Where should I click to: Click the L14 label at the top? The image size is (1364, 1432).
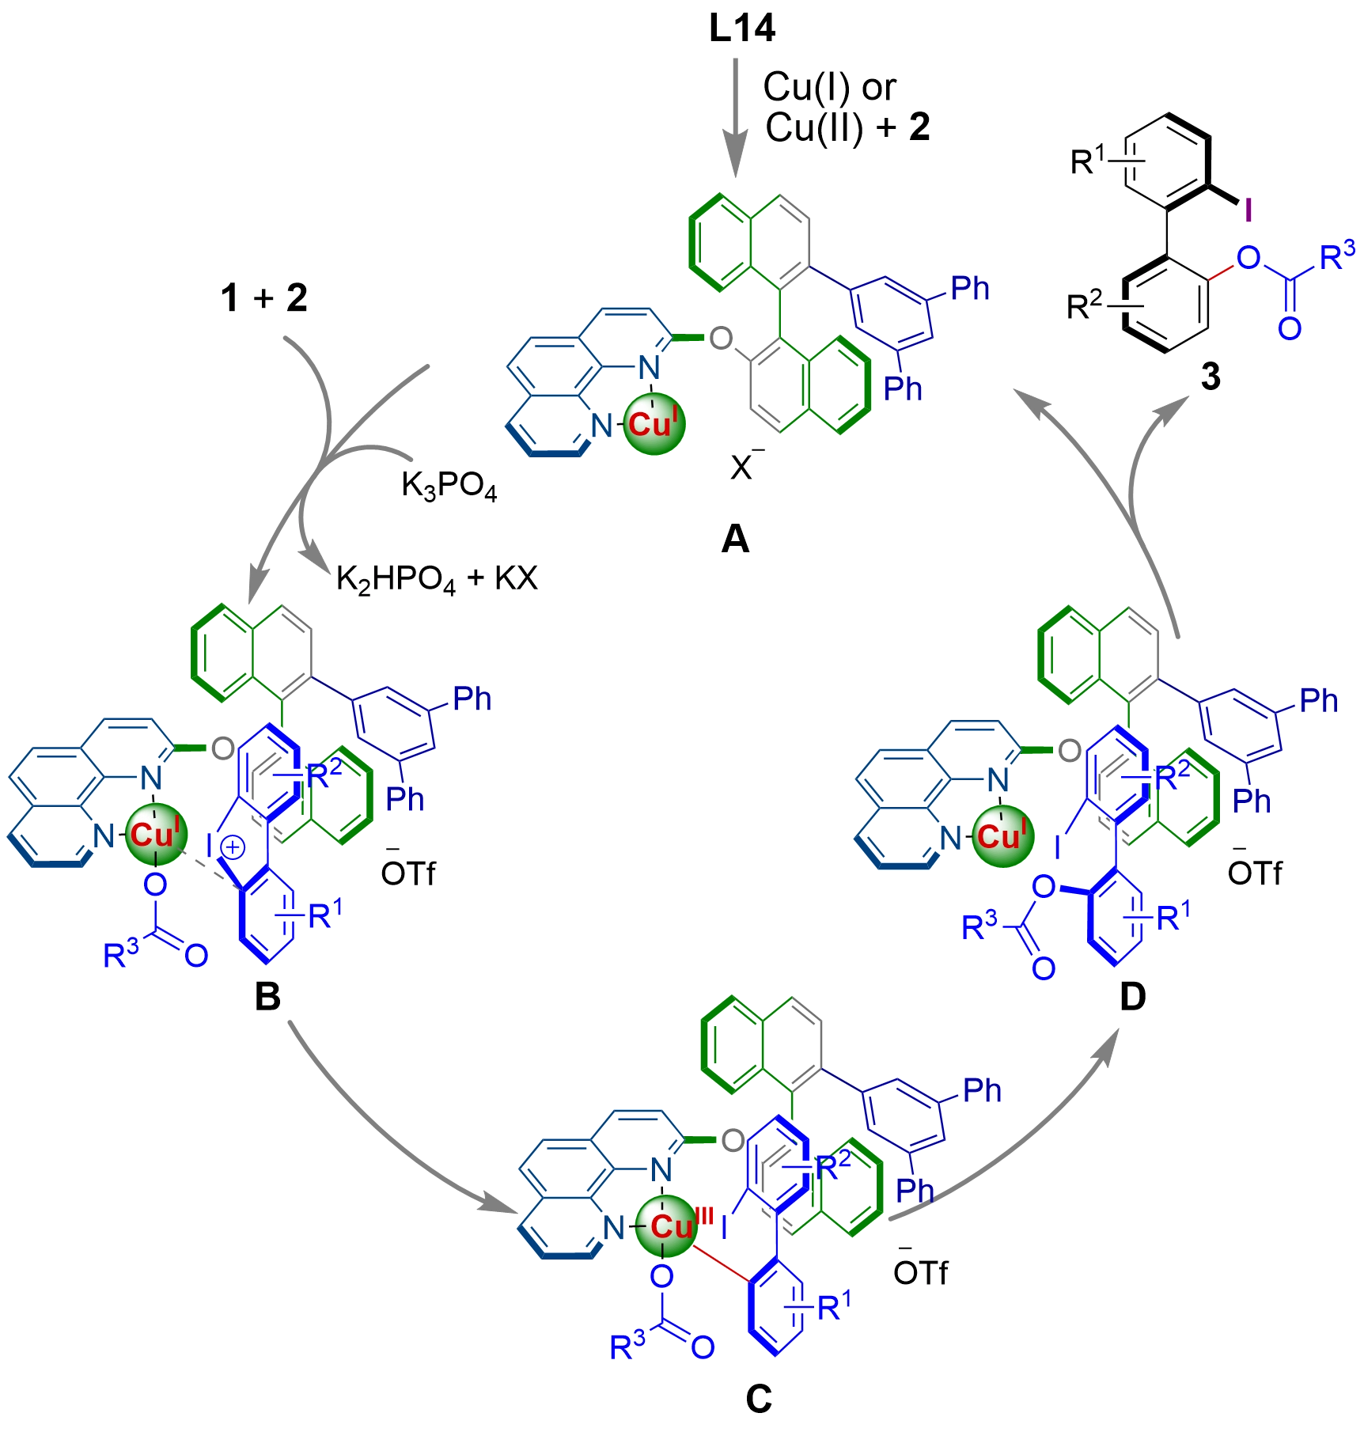743,31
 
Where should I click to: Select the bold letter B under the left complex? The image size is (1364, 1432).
267,998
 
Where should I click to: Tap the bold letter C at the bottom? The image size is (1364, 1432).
758,1399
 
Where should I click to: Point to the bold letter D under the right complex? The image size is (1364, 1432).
1132,998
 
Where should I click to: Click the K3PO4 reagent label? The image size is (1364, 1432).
449,488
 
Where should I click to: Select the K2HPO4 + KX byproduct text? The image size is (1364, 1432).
436,580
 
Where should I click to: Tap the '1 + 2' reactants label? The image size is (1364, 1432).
265,300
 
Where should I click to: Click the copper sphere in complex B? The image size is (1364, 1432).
156,835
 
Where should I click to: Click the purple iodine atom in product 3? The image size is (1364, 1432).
1248,210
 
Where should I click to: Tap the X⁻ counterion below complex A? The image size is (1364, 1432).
741,468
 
